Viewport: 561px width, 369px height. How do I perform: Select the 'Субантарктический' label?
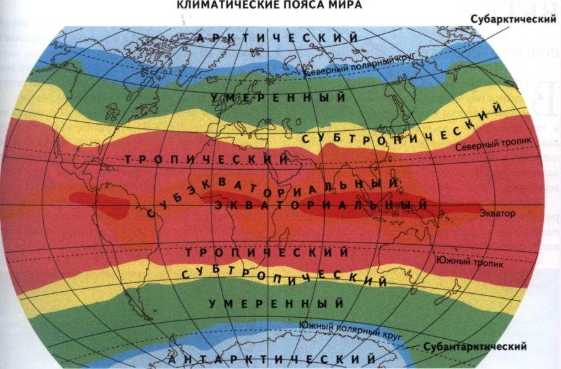(x=475, y=346)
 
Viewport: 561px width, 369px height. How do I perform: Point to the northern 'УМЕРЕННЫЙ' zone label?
(x=277, y=98)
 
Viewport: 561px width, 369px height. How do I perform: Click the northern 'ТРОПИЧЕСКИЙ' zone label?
(x=207, y=159)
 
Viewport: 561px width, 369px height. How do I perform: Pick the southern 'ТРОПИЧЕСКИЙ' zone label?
(x=267, y=253)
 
